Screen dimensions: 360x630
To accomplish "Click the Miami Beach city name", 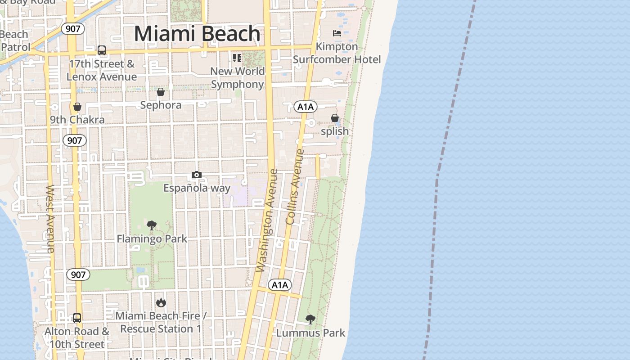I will pyautogui.click(x=197, y=34).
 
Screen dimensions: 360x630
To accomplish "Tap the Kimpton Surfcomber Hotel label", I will pyautogui.click(x=337, y=53).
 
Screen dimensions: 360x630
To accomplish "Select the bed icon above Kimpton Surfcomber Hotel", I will pyautogui.click(x=337, y=33).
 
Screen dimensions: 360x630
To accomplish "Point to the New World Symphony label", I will pyautogui.click(x=237, y=77).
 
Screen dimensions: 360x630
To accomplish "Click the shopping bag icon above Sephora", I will pyautogui.click(x=161, y=92).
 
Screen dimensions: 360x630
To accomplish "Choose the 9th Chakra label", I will pyautogui.click(x=77, y=120).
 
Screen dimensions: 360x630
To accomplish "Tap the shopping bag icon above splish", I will pyautogui.click(x=335, y=118).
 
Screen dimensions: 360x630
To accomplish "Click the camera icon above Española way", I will pyautogui.click(x=196, y=175).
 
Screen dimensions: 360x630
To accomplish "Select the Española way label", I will pyautogui.click(x=197, y=188).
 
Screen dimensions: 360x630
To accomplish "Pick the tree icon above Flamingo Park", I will pyautogui.click(x=152, y=225).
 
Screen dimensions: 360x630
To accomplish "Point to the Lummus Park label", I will pyautogui.click(x=310, y=333).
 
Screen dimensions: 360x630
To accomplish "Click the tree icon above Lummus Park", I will pyautogui.click(x=310, y=319).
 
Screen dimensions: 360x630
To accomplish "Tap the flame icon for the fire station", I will pyautogui.click(x=161, y=303).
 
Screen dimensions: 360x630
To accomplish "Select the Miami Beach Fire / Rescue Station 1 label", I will pyautogui.click(x=161, y=322).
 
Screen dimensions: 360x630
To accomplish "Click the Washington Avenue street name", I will pyautogui.click(x=267, y=220).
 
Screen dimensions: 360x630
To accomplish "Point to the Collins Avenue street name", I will pyautogui.click(x=295, y=187).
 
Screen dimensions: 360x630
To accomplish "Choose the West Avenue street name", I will pyautogui.click(x=50, y=218).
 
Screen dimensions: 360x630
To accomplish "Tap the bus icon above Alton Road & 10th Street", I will pyautogui.click(x=77, y=318).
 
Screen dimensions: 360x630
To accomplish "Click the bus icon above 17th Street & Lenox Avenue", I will pyautogui.click(x=102, y=50).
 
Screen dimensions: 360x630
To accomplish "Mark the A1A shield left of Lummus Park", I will pyautogui.click(x=279, y=285).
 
